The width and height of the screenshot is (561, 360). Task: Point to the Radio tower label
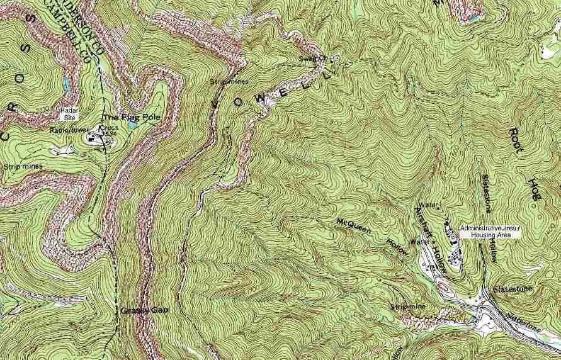pos(65,130)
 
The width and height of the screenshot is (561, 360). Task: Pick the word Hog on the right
pos(535,189)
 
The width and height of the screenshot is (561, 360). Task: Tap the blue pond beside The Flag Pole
pos(132,125)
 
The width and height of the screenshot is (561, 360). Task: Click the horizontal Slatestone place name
pos(513,289)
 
